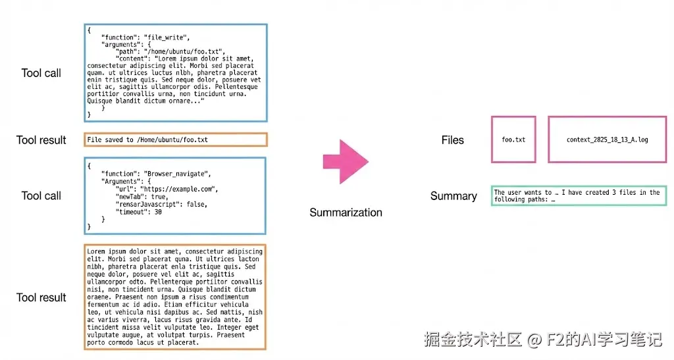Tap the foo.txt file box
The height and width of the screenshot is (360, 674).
tap(513, 140)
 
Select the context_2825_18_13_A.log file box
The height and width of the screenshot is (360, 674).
tap(607, 140)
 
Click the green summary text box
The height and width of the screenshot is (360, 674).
tap(577, 196)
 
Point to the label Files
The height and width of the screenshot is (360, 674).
tap(452, 140)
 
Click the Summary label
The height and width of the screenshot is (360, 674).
tap(454, 196)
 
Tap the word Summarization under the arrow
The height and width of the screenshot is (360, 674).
tap(346, 213)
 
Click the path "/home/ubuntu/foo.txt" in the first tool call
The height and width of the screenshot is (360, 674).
tap(186, 51)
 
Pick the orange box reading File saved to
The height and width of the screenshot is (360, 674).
tap(176, 140)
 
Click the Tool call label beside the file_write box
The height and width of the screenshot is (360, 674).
tap(41, 73)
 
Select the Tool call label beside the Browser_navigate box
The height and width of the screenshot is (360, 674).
tap(41, 195)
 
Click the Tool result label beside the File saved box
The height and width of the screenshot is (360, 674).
tap(41, 140)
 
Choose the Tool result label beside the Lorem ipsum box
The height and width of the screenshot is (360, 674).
tap(41, 297)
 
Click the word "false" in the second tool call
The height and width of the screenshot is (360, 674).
tap(196, 203)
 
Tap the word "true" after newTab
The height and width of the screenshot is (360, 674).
tap(158, 196)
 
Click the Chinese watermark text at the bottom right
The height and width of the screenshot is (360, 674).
tap(542, 340)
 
